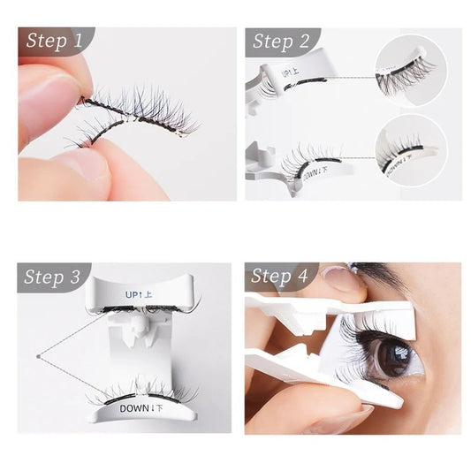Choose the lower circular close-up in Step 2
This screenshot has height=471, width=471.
(409, 150)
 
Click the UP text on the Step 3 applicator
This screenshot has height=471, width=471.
(140, 293)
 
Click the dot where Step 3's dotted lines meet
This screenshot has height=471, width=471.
(38, 356)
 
